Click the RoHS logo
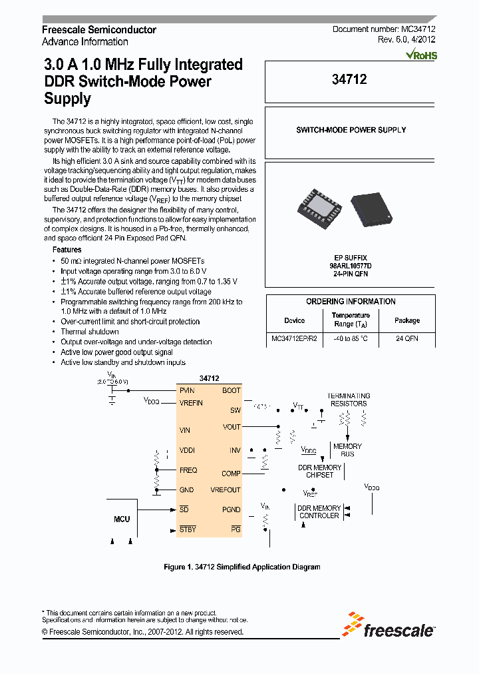click(x=422, y=55)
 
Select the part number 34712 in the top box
click(x=349, y=79)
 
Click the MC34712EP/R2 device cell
click(x=294, y=338)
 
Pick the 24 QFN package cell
click(x=406, y=338)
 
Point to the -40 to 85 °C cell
click(x=351, y=338)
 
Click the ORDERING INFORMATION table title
click(x=351, y=302)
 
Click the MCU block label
click(x=122, y=519)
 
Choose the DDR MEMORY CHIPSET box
click(x=319, y=471)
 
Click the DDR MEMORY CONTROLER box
click(x=319, y=511)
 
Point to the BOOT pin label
click(x=231, y=391)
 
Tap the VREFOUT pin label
click(x=226, y=490)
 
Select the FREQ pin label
click(x=188, y=470)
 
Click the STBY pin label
click(x=188, y=529)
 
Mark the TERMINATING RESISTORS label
click(x=348, y=400)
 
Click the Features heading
click(x=67, y=250)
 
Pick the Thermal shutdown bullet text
click(x=90, y=332)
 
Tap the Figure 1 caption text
click(x=242, y=567)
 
